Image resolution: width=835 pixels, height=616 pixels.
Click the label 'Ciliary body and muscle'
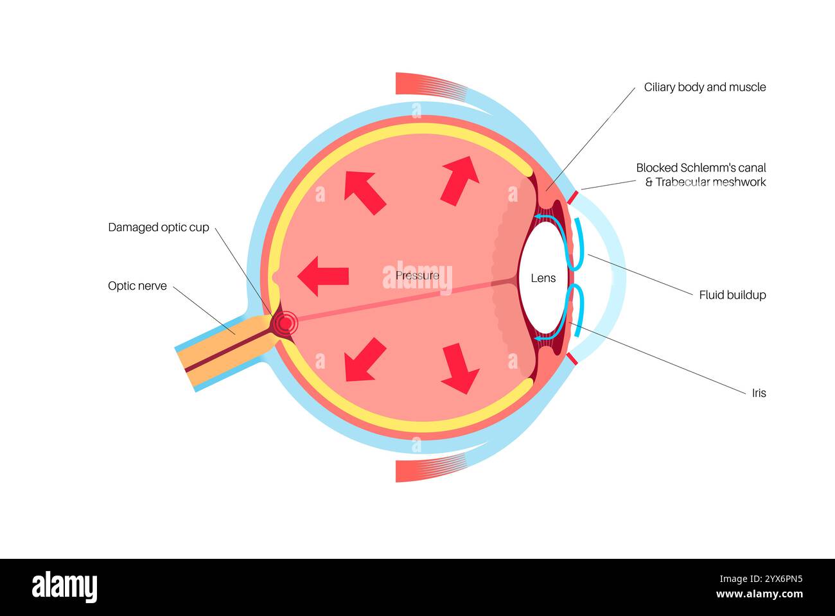click(705, 87)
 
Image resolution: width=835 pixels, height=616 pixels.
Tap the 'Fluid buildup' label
click(732, 295)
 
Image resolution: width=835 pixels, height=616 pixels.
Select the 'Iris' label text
click(759, 393)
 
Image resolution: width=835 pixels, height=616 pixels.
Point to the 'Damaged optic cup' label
click(159, 227)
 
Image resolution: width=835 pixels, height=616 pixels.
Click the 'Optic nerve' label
click(137, 286)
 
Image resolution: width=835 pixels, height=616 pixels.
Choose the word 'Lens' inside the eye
click(543, 278)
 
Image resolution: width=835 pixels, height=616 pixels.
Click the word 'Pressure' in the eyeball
click(417, 276)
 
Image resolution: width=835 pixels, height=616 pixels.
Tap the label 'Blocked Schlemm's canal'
click(701, 168)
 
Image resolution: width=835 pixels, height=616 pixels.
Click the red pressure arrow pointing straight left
click(323, 276)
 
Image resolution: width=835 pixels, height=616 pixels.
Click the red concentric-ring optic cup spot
click(285, 324)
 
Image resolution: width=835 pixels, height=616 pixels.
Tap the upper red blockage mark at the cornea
click(573, 197)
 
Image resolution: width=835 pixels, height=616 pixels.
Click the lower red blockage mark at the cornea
click(572, 358)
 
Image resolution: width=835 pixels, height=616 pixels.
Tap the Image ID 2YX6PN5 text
click(761, 579)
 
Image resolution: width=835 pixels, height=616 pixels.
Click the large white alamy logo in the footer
click(64, 586)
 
